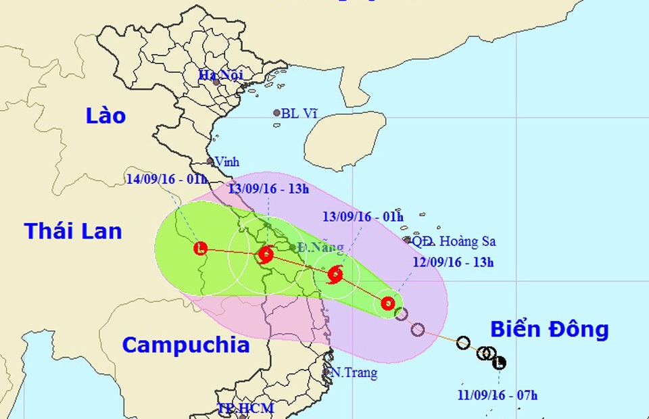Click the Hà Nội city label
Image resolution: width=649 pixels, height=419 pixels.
[x=220, y=75]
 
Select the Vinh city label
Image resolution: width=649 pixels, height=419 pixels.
[x=226, y=162]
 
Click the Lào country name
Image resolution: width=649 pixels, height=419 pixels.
[x=105, y=116]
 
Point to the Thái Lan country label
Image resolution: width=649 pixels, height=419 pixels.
[x=73, y=231]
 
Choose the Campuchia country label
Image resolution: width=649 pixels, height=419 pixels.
[x=185, y=345]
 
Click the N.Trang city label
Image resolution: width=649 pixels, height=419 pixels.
[x=353, y=372]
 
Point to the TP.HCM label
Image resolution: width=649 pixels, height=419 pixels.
[x=245, y=408]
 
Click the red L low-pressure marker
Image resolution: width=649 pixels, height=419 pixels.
[x=200, y=249]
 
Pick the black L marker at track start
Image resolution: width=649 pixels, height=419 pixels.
[x=500, y=363]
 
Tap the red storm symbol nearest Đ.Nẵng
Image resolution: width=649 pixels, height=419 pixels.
[x=265, y=255]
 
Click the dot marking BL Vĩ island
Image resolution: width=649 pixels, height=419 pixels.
[x=277, y=113]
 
